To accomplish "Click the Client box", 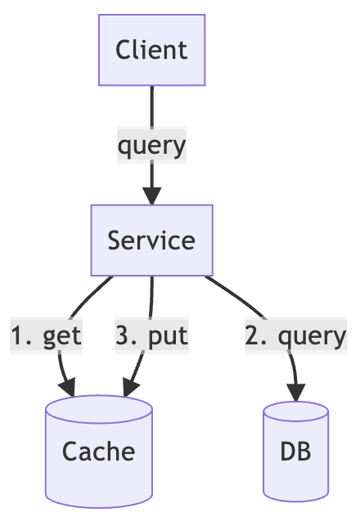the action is click(x=151, y=50).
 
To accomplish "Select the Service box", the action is click(x=151, y=240).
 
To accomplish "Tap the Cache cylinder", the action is click(x=99, y=451).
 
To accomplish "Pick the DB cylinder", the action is click(x=295, y=451).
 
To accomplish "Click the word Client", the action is click(x=151, y=50).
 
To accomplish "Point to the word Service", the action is click(x=151, y=241).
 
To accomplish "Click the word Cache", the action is click(x=98, y=452).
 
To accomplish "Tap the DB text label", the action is click(x=295, y=452).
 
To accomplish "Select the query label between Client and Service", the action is click(x=151, y=146).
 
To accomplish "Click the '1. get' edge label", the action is click(x=46, y=335).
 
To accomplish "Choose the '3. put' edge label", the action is click(x=151, y=335).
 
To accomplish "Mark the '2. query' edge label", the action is click(x=295, y=335).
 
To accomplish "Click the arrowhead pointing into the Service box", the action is click(x=151, y=196).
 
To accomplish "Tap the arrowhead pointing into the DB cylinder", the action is click(x=296, y=393).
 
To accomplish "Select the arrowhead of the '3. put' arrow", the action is click(x=131, y=388).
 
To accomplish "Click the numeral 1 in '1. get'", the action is click(x=17, y=335).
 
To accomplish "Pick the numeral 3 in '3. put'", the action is click(x=122, y=335).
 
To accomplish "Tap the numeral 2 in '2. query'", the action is click(x=252, y=335).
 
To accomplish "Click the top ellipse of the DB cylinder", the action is click(x=295, y=411).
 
